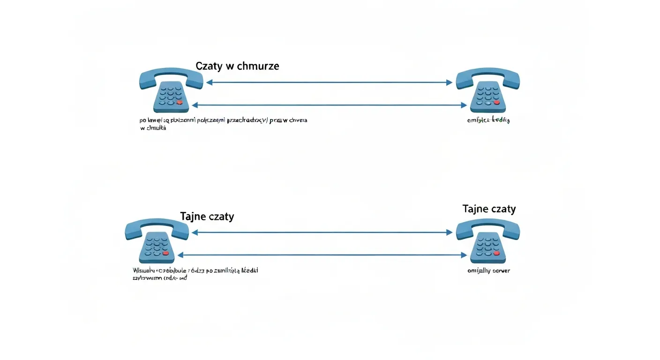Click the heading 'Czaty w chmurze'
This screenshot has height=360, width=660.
coord(237,66)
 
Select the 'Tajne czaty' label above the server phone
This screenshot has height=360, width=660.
coord(489,209)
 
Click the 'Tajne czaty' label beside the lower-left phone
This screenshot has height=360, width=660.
coord(207,217)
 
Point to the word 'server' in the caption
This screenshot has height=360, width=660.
coord(500,271)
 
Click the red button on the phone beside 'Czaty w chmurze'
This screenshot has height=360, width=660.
coord(179,102)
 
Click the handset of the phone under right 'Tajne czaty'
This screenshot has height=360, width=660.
coord(487,226)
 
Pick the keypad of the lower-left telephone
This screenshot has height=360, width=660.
coord(157,246)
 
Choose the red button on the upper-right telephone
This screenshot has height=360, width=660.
coord(496,102)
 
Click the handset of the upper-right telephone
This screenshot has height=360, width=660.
coord(487,76)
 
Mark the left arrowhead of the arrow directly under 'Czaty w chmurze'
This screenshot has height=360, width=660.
coord(209,82)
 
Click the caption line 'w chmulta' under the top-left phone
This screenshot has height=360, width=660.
coord(153,128)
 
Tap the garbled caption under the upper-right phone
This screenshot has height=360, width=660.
coord(488,120)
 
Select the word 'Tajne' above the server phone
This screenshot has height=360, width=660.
coord(475,209)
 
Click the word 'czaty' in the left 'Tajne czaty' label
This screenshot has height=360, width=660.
coord(220,217)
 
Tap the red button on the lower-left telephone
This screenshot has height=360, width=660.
coord(165,253)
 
